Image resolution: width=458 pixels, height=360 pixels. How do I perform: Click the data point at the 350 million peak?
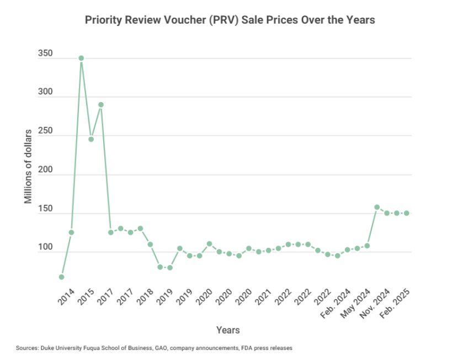click(81, 58)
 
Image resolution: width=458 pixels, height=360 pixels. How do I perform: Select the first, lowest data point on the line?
click(62, 277)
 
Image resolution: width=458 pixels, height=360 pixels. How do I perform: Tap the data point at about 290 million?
click(101, 104)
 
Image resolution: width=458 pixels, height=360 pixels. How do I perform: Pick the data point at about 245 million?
click(91, 139)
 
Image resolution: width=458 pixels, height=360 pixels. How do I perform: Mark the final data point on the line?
click(407, 213)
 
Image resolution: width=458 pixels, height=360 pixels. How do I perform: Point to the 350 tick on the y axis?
click(45, 54)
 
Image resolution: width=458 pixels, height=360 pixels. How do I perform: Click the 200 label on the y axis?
click(45, 171)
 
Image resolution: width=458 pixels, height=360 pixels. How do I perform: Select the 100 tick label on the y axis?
click(45, 248)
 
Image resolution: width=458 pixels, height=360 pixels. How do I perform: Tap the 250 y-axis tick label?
click(45, 132)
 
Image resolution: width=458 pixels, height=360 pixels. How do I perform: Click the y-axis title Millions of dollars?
click(28, 166)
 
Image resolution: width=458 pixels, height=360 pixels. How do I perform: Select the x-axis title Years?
click(228, 330)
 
